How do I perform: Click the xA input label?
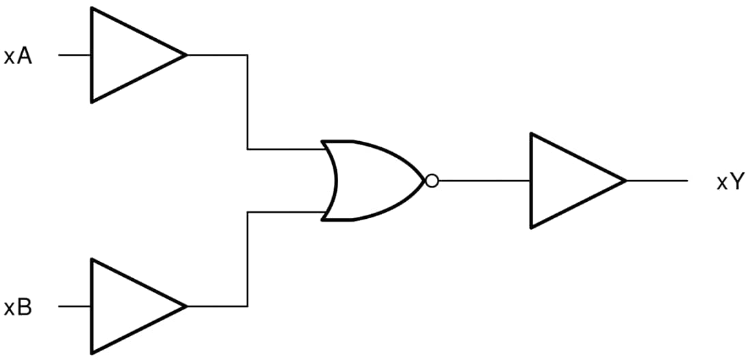pos(18,56)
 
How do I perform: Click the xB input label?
pos(18,307)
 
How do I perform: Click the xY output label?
pos(729,182)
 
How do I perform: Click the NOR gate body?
pos(372,181)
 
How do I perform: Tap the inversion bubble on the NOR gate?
pos(431,181)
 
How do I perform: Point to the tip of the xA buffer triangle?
pos(185,55)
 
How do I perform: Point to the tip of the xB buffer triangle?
pos(185,307)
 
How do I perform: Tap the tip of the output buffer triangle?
pos(625,181)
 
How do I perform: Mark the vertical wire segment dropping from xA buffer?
pos(247,102)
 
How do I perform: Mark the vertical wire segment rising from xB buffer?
pos(247,259)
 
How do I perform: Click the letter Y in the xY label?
pos(735,182)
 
